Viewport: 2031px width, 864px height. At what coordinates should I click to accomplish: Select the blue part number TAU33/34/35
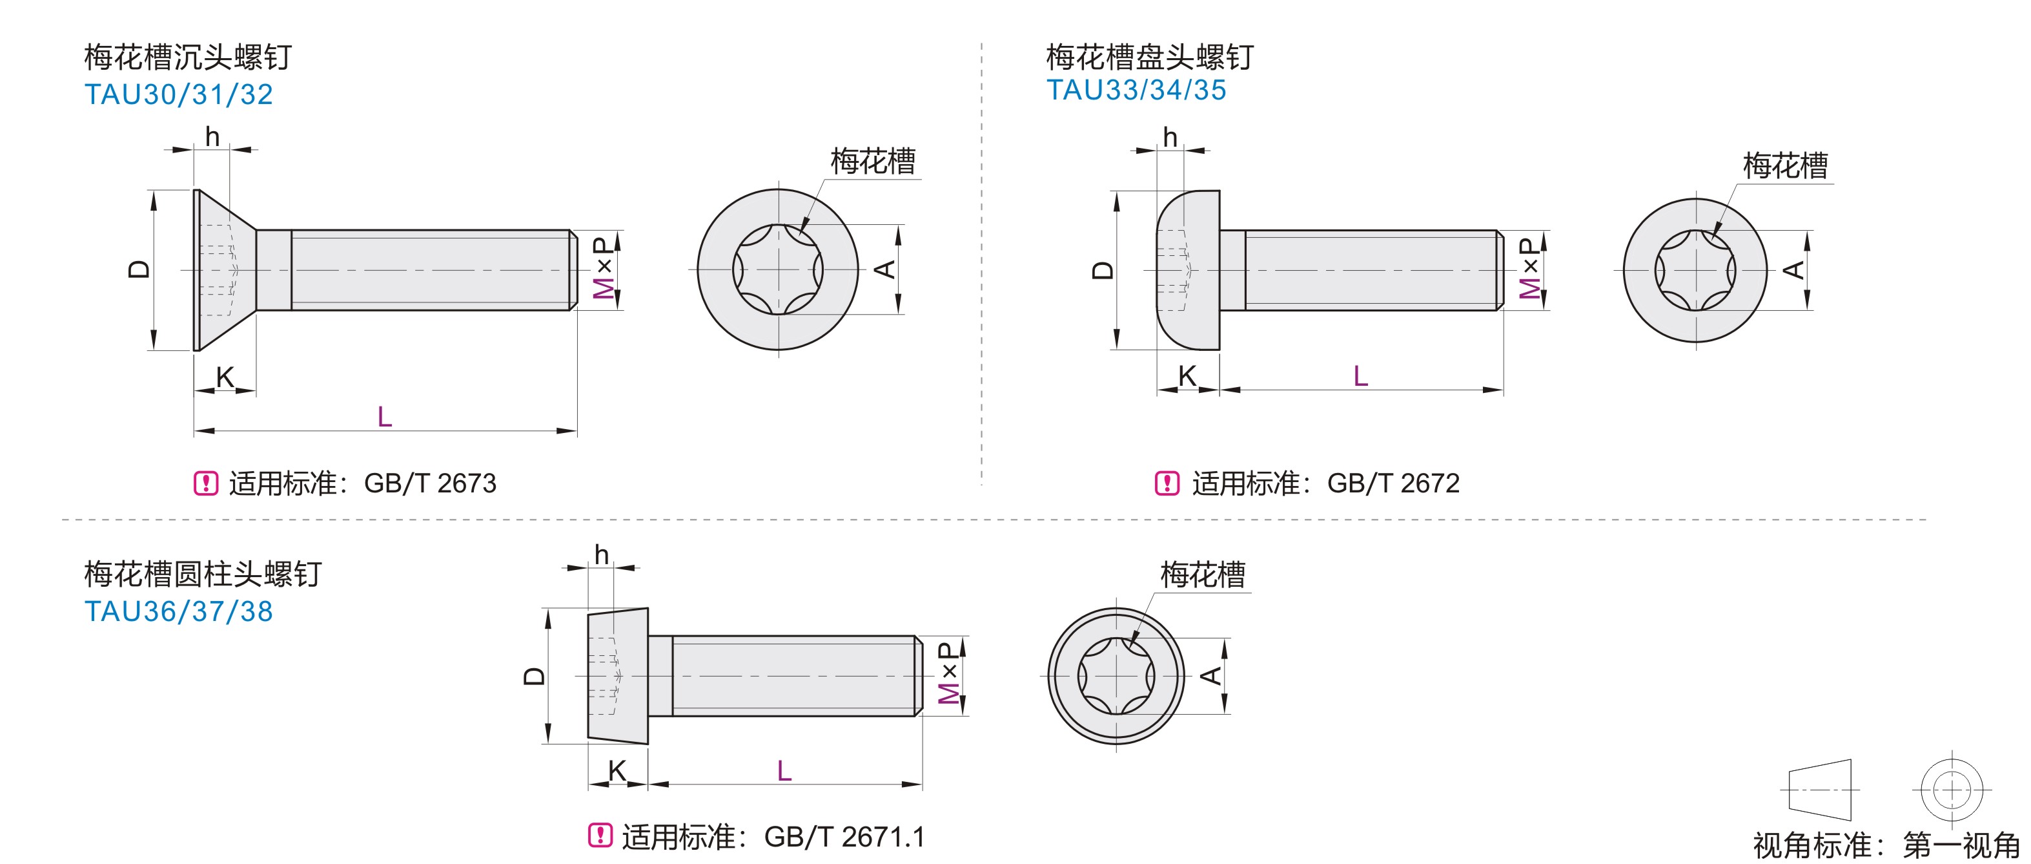tap(1136, 90)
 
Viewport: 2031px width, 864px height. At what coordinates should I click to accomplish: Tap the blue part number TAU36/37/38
tap(178, 611)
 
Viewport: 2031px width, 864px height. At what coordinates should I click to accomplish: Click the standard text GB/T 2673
tap(430, 483)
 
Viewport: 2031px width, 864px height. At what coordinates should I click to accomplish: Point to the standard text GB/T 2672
tap(1393, 483)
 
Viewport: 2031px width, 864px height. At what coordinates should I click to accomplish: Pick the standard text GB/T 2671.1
tap(844, 836)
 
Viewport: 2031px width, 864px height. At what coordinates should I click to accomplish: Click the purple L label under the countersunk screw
tap(385, 417)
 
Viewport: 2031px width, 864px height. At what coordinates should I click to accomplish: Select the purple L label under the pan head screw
tap(1360, 375)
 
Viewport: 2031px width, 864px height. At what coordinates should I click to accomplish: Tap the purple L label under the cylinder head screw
tap(784, 771)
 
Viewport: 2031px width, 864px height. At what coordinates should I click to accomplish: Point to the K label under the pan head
tap(1187, 376)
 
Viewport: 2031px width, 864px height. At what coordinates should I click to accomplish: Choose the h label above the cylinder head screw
tap(602, 554)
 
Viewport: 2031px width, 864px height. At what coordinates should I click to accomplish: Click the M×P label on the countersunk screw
tap(603, 268)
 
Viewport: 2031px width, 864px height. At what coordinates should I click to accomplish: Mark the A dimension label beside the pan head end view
tap(1793, 270)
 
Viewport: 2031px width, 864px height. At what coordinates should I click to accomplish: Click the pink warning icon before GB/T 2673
tap(206, 483)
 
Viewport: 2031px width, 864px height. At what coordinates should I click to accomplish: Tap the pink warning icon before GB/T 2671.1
tap(600, 835)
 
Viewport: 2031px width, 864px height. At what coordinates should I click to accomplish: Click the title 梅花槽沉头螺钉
tap(188, 58)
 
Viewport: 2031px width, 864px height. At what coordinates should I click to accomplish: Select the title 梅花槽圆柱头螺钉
tap(203, 574)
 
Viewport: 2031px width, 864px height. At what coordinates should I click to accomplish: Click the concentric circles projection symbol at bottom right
tap(1952, 789)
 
